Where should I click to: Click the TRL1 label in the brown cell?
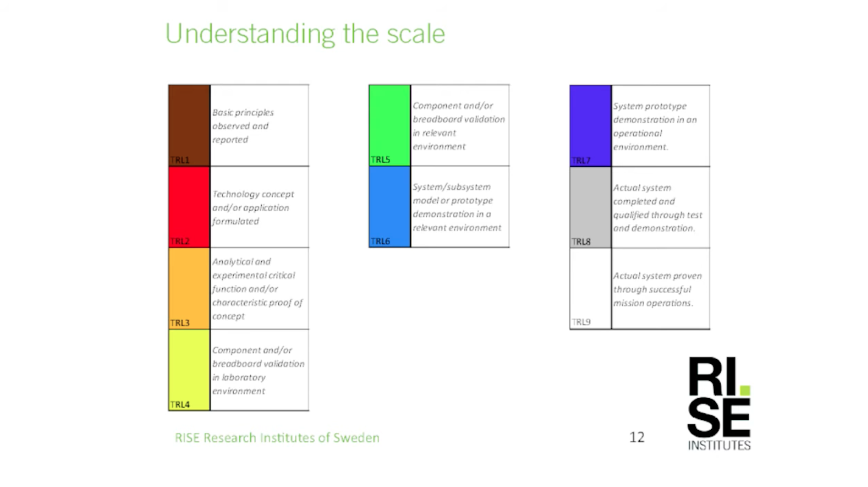click(x=180, y=160)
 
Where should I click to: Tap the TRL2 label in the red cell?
click(x=180, y=241)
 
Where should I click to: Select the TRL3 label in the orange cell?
click(x=180, y=323)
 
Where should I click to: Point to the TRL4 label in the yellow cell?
click(x=180, y=405)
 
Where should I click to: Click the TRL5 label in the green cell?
click(x=380, y=159)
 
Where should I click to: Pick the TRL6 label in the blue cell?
click(x=380, y=241)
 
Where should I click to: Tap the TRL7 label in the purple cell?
click(x=581, y=160)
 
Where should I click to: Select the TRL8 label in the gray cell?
click(x=581, y=242)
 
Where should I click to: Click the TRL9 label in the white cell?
click(x=581, y=322)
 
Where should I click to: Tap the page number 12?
click(x=637, y=438)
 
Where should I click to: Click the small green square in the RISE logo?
click(x=745, y=390)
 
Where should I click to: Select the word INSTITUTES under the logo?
click(x=719, y=446)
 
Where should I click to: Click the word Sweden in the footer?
click(x=357, y=438)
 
